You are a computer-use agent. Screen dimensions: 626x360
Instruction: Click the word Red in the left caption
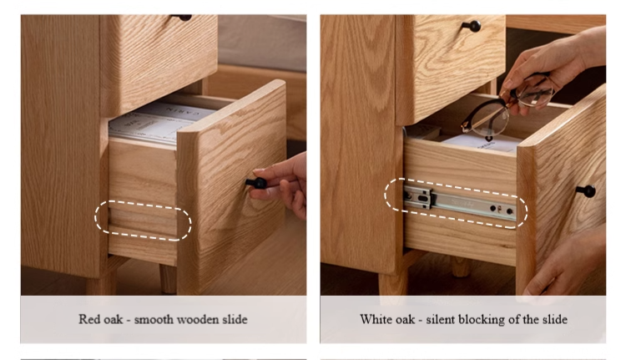[x=88, y=319]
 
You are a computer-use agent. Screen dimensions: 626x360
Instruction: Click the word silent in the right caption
[x=441, y=319]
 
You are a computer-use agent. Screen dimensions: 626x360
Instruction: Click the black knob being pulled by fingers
[x=257, y=184]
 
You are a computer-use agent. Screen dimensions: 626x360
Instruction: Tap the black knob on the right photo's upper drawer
[x=472, y=27]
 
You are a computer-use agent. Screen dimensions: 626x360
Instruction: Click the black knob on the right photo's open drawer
[x=587, y=191]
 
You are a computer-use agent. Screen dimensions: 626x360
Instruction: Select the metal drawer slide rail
[x=459, y=203]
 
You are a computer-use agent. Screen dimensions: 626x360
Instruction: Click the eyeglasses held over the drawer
[x=507, y=106]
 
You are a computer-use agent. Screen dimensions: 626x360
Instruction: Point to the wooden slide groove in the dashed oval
[x=143, y=221]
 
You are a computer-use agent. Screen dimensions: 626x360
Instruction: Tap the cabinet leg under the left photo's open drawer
[x=168, y=278]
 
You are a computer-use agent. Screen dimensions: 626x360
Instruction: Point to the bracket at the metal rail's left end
[x=418, y=196]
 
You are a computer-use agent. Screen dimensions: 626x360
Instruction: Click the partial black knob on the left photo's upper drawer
[x=182, y=18]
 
